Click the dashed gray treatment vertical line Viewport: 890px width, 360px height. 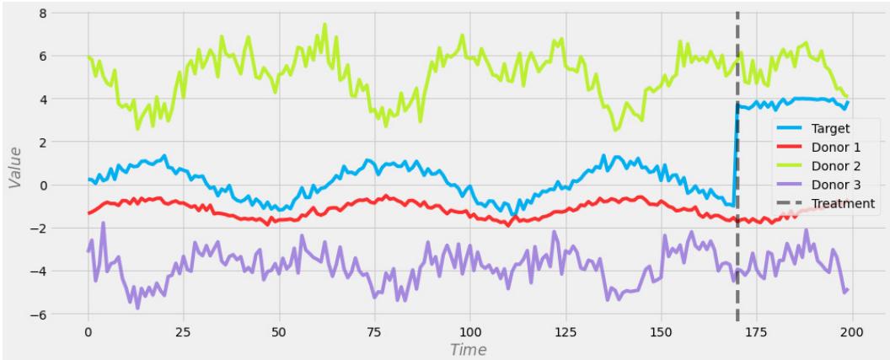tap(737, 253)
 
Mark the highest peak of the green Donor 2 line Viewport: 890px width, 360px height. tap(324, 24)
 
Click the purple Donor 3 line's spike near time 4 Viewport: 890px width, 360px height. tap(103, 223)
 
